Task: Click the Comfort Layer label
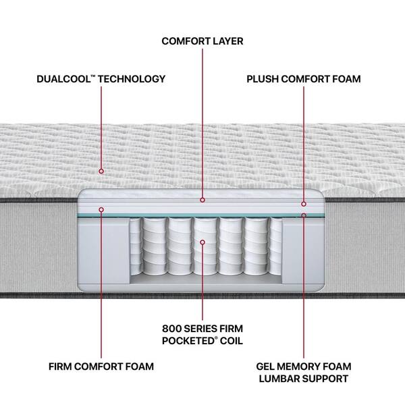(x=202, y=41)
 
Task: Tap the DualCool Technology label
(x=101, y=79)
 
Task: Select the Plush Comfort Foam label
(x=304, y=79)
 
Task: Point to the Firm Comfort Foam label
(x=101, y=367)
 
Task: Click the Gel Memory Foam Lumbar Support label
(x=304, y=373)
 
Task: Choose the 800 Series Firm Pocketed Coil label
(x=202, y=335)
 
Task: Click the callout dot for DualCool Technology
(x=101, y=171)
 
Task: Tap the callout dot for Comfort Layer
(x=202, y=200)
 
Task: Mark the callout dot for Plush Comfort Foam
(x=304, y=204)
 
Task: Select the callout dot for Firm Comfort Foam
(x=101, y=209)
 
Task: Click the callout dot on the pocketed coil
(x=202, y=242)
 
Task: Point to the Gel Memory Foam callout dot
(x=304, y=215)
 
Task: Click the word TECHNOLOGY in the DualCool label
(x=132, y=79)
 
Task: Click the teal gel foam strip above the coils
(x=200, y=215)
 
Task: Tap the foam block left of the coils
(x=103, y=250)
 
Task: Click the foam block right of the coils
(x=302, y=250)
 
